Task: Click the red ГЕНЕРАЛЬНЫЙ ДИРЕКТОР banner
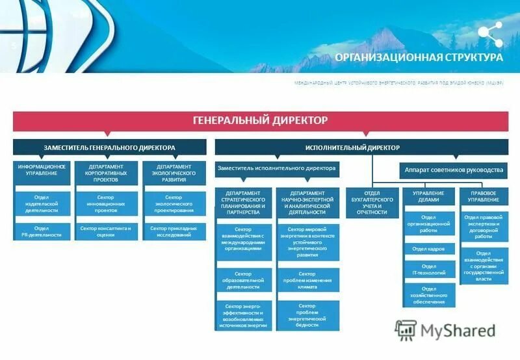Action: click(260, 120)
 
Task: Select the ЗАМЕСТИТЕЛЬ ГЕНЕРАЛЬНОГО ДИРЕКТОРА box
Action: click(109, 148)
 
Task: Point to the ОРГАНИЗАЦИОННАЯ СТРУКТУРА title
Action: click(419, 57)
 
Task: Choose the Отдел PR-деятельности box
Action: click(42, 231)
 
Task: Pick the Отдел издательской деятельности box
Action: click(42, 203)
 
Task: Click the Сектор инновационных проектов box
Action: click(105, 203)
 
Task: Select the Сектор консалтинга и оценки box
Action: click(105, 231)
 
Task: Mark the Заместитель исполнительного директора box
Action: click(277, 169)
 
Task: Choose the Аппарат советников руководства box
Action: click(454, 170)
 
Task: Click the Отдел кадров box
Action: click(429, 249)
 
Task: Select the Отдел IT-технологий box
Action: click(429, 270)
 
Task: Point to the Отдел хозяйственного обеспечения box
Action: click(429, 296)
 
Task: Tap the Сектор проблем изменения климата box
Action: click(307, 280)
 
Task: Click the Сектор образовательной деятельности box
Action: click(243, 280)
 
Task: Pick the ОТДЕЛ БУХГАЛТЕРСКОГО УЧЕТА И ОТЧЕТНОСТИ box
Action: click(372, 203)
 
